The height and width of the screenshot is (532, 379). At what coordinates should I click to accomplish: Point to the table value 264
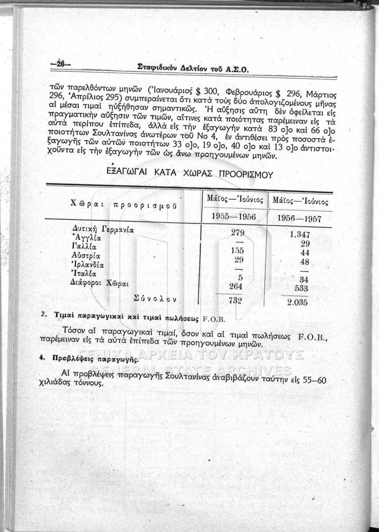click(x=235, y=287)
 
